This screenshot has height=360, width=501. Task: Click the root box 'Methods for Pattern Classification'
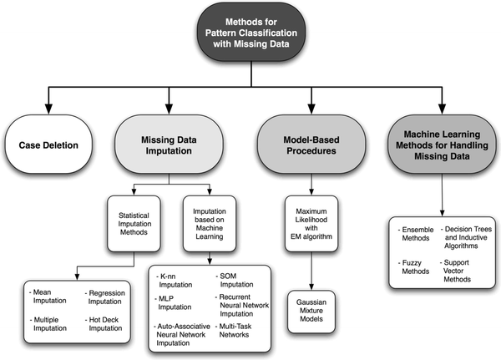click(x=250, y=31)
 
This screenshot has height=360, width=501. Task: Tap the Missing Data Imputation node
click(x=173, y=145)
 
